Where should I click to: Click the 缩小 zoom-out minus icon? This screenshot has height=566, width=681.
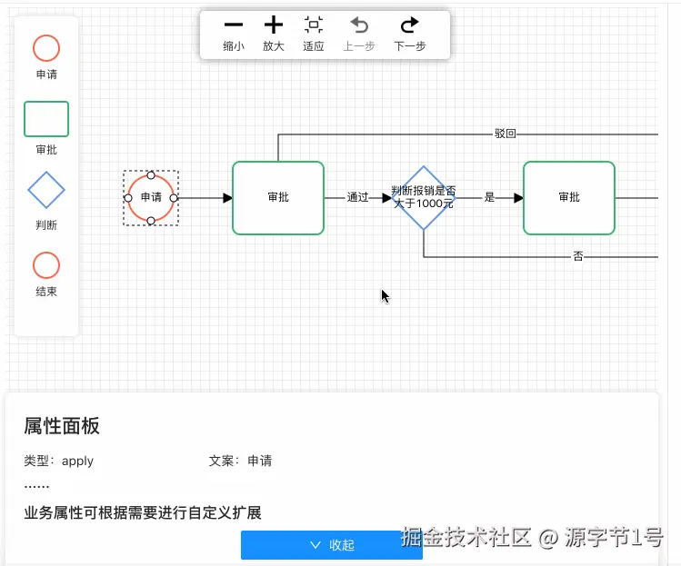pyautogui.click(x=234, y=25)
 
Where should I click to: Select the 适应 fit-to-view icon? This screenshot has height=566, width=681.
pyautogui.click(x=314, y=25)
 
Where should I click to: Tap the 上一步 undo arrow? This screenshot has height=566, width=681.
pyautogui.click(x=359, y=25)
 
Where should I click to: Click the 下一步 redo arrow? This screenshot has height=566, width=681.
pyautogui.click(x=410, y=25)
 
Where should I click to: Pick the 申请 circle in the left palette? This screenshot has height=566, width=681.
pyautogui.click(x=46, y=48)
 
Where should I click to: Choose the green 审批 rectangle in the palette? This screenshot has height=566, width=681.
pyautogui.click(x=46, y=119)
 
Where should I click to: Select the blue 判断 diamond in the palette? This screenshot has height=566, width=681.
pyautogui.click(x=46, y=191)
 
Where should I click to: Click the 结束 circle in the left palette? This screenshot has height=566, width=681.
pyautogui.click(x=46, y=265)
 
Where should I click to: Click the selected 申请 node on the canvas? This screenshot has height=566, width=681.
pyautogui.click(x=151, y=197)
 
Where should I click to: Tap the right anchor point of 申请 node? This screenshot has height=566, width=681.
pyautogui.click(x=174, y=197)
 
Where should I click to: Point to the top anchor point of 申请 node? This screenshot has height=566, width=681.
pyautogui.click(x=151, y=174)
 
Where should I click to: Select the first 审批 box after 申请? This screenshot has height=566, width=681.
pyautogui.click(x=278, y=197)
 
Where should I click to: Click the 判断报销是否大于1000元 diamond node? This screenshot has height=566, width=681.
pyautogui.click(x=424, y=197)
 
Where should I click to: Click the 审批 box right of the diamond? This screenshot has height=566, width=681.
pyautogui.click(x=569, y=197)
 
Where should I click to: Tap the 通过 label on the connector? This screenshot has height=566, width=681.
pyautogui.click(x=358, y=197)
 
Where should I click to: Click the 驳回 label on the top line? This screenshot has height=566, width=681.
pyautogui.click(x=506, y=134)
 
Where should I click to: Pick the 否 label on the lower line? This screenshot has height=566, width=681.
pyautogui.click(x=578, y=257)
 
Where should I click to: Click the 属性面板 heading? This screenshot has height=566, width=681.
pyautogui.click(x=62, y=426)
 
